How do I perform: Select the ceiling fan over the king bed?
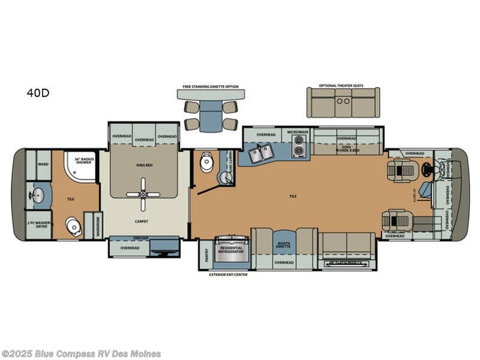pos(145,193)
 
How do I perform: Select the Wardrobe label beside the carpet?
pos(98,226)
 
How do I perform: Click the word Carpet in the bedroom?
pos(142,221)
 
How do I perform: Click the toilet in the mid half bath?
pos(206,162)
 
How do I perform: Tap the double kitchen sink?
pos(259,154)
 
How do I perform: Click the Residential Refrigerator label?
pos(232,250)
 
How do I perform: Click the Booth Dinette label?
pos(283,245)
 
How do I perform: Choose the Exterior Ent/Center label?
pos(227,274)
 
